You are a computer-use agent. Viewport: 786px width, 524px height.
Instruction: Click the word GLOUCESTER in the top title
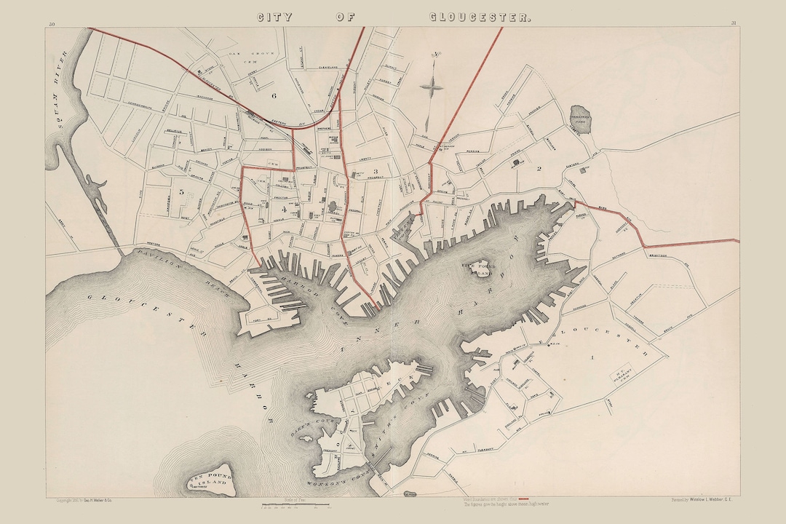tap(478, 17)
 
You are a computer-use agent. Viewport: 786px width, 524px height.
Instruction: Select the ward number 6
tap(274, 95)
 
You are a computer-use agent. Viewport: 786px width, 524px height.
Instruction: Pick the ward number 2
tap(539, 169)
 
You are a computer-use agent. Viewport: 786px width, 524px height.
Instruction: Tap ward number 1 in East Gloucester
tap(592, 357)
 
